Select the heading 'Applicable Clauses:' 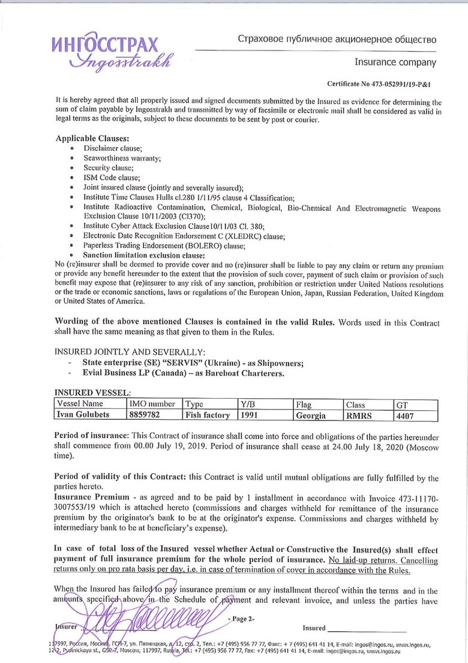(x=92, y=139)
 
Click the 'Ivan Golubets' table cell (x=82, y=415)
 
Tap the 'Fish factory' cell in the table (x=208, y=415)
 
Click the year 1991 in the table (x=251, y=415)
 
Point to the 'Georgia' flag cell (x=311, y=415)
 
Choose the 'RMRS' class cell (x=360, y=415)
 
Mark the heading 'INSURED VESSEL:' (x=91, y=392)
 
